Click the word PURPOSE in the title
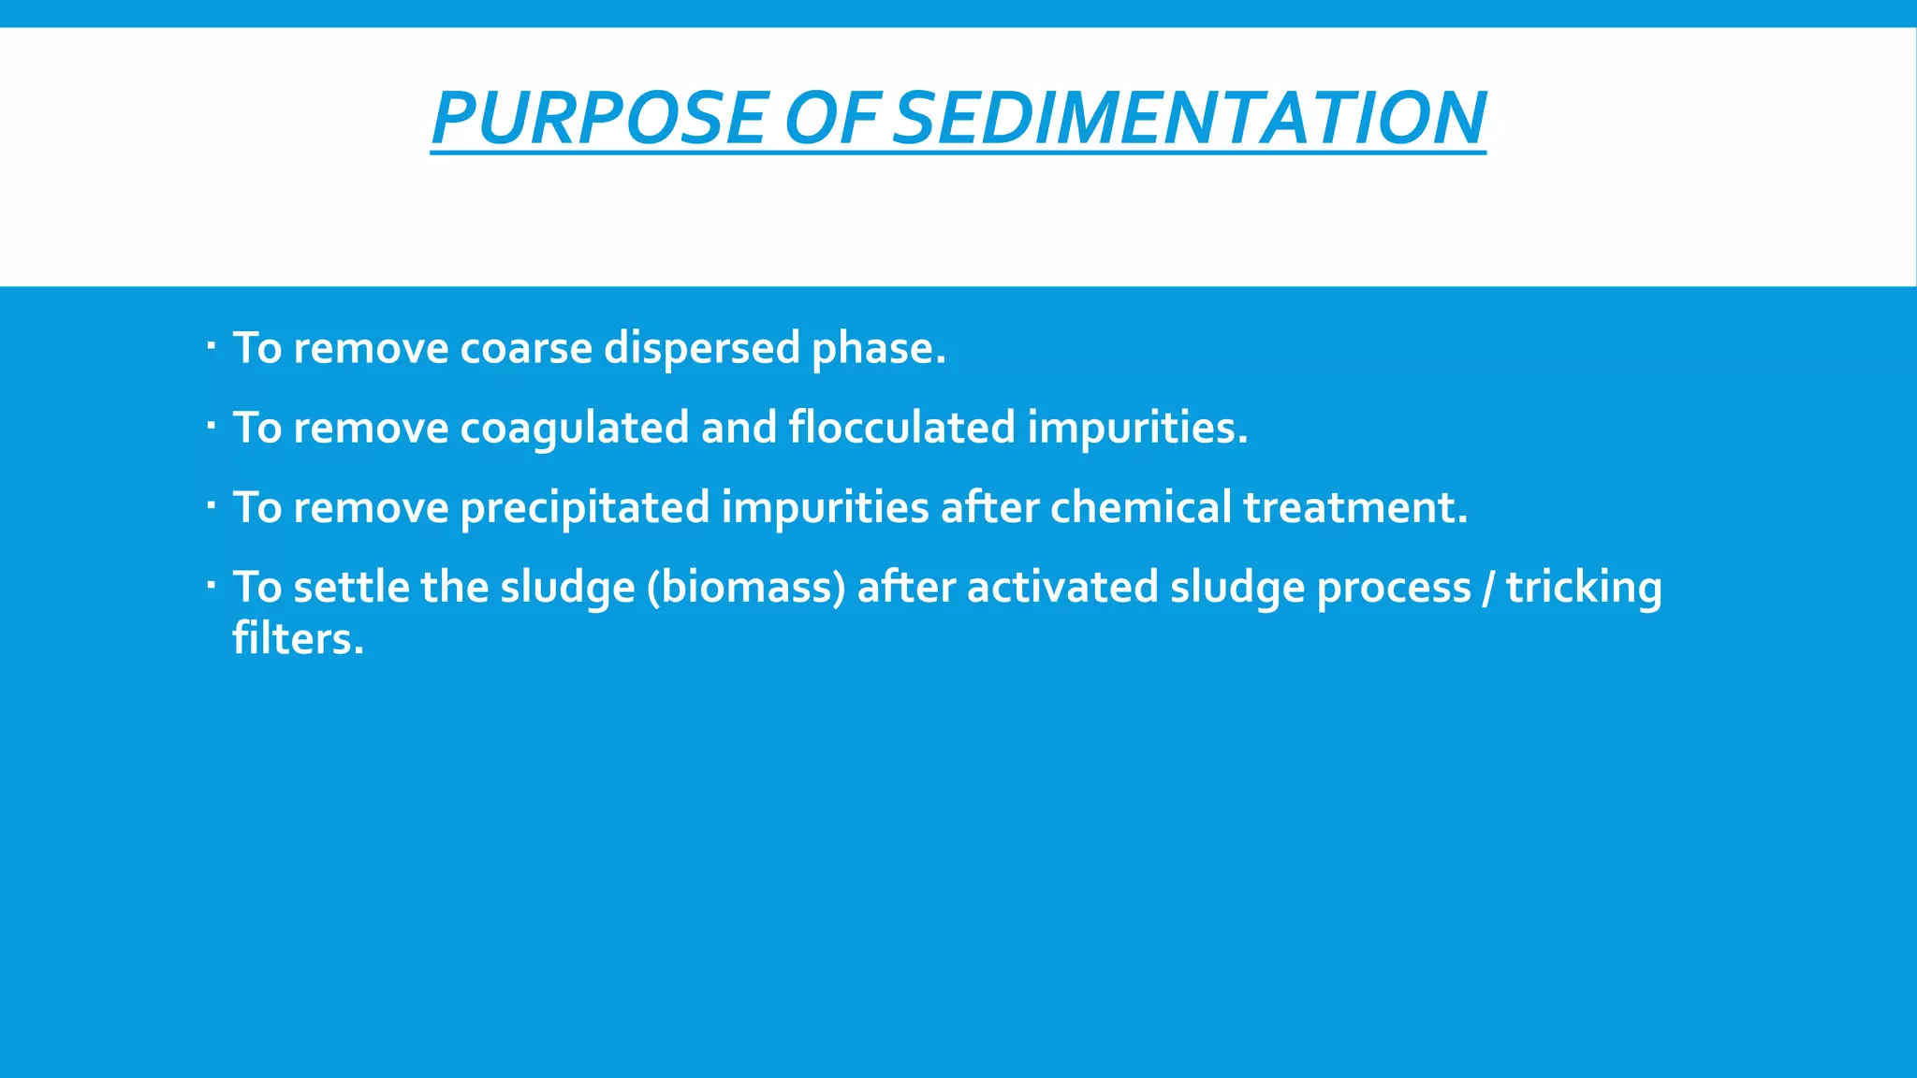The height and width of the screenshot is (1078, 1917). coord(599,118)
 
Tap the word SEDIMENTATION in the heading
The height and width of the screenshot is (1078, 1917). coord(1189,118)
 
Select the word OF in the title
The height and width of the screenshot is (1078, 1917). coord(829,118)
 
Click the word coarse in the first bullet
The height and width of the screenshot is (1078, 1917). coord(526,348)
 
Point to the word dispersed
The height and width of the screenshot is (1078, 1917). coord(701,348)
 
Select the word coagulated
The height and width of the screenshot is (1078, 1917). coord(575,428)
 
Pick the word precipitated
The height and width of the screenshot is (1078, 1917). coord(585,507)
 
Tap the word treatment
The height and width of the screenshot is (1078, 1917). coord(1354,507)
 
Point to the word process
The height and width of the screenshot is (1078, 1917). coord(1394,588)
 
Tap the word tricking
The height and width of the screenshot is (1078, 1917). coord(1584,588)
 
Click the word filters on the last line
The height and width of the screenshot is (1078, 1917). coord(298,639)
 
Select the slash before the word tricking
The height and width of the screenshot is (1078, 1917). coord(1488,588)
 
